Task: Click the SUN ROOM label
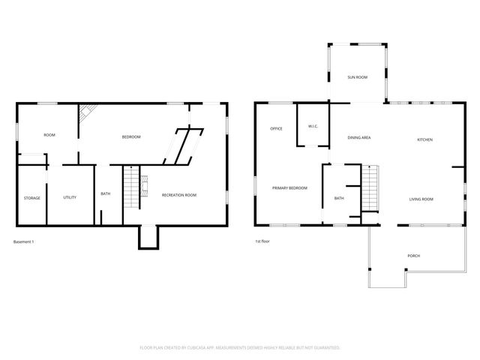point(357,77)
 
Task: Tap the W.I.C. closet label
point(313,126)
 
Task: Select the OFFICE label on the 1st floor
point(276,129)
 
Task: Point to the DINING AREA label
point(359,137)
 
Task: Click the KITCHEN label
point(425,139)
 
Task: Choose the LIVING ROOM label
point(421,199)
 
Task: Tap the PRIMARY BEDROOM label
point(289,187)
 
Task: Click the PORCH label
point(413,256)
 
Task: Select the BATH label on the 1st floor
point(339,199)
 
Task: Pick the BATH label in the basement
point(106,194)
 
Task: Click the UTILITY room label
point(70,197)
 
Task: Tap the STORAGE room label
point(32,198)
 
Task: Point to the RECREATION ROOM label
point(179,195)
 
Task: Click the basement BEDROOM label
point(132,136)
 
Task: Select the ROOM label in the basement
point(49,135)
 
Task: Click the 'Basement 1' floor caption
point(24,241)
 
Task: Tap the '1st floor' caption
point(262,241)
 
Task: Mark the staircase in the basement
point(132,187)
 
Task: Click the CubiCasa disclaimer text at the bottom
point(240,348)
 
